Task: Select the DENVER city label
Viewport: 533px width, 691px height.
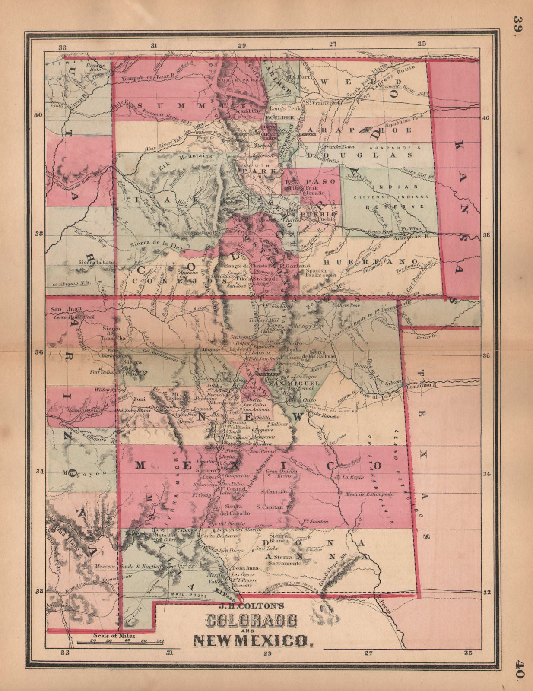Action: click(308, 134)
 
